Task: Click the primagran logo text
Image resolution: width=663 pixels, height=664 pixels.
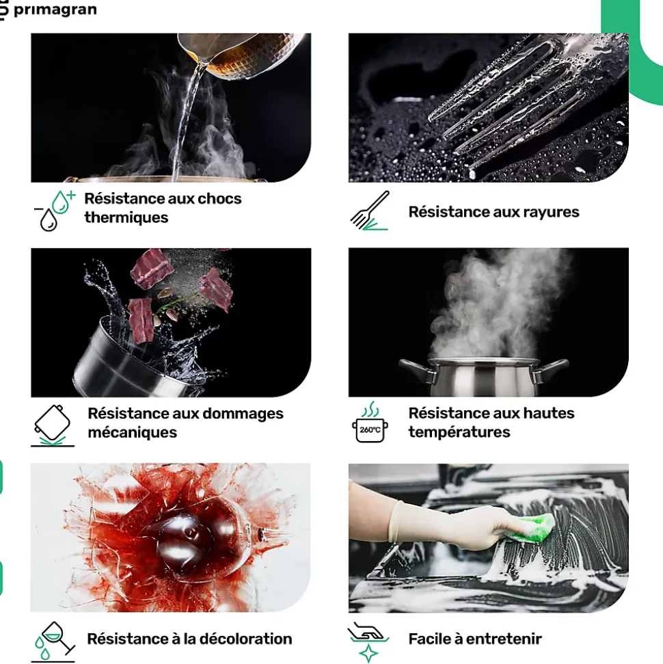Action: click(55, 10)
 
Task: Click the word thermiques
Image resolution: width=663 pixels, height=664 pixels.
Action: click(126, 217)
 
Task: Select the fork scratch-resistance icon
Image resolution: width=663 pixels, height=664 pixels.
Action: click(370, 211)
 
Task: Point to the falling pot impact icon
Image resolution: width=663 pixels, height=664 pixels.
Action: click(53, 425)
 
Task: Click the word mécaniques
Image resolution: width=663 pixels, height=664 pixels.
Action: click(132, 432)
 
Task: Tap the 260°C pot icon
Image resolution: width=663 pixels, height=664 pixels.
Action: click(370, 422)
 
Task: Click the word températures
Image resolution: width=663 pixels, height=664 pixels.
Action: click(459, 432)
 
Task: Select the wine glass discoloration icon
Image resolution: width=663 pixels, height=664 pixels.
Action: click(53, 641)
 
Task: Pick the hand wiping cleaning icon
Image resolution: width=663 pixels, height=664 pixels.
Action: click(368, 641)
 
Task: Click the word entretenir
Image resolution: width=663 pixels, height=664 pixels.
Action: click(504, 639)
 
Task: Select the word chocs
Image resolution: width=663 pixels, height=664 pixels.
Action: click(219, 198)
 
